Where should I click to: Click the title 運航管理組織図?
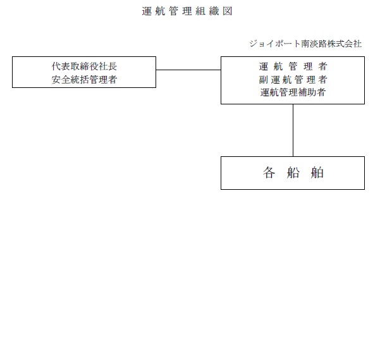pyautogui.click(x=187, y=11)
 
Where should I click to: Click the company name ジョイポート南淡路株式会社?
pyautogui.click(x=305, y=44)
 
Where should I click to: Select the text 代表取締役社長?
pyautogui.click(x=84, y=66)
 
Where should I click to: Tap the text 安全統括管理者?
pyautogui.click(x=84, y=80)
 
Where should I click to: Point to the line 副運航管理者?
pyautogui.click(x=293, y=80)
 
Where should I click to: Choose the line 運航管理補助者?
pyautogui.click(x=293, y=92)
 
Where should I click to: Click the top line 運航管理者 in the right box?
pyautogui.click(x=293, y=66)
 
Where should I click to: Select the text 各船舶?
pyautogui.click(x=293, y=173)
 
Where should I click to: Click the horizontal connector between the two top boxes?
pyautogui.click(x=188, y=70)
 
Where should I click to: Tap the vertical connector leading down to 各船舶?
pyautogui.click(x=293, y=130)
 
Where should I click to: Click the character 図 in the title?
pyautogui.click(x=228, y=11)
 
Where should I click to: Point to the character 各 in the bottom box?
pyautogui.click(x=269, y=173)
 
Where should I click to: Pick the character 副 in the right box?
pyautogui.click(x=263, y=80)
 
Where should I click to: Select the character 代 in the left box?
pyautogui.click(x=56, y=66)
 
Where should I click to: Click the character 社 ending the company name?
pyautogui.click(x=358, y=44)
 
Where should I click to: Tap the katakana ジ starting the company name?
pyautogui.click(x=254, y=44)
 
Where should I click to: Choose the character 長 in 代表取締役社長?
pyautogui.click(x=113, y=66)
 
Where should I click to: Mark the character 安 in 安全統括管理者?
pyautogui.click(x=56, y=80)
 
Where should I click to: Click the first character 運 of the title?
pyautogui.click(x=147, y=11)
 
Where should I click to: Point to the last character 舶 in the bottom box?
pyautogui.click(x=317, y=173)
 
